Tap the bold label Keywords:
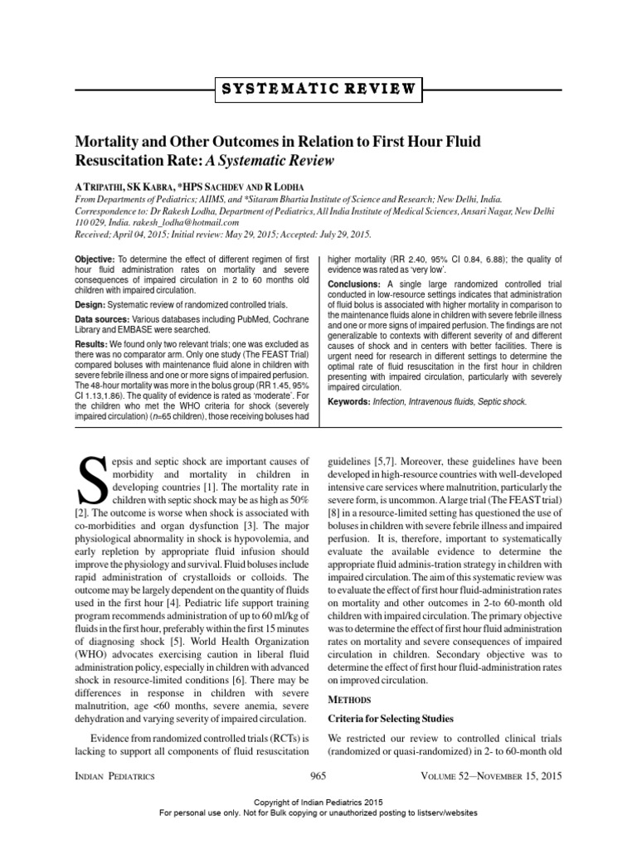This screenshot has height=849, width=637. tap(353, 402)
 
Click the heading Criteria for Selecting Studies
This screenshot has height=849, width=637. tap(391, 718)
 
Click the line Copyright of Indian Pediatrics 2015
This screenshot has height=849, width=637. tap(318, 804)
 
